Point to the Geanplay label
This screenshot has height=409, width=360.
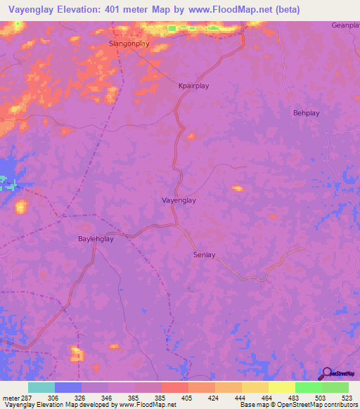pos(345,25)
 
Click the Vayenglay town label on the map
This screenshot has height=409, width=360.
pos(179,200)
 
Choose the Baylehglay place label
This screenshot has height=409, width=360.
pos(95,239)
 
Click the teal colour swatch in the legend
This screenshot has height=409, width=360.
pos(41,387)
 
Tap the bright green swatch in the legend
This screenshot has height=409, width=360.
pos(308,387)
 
